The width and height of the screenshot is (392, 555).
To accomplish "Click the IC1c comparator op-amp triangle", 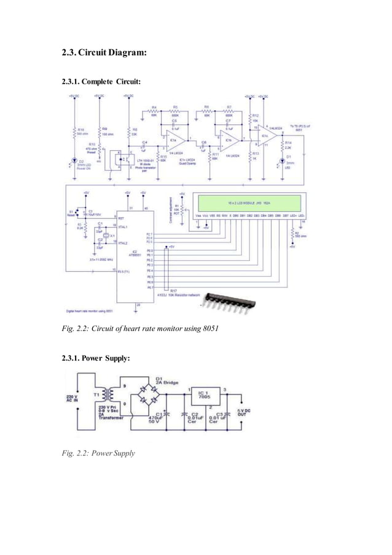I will click(265, 136).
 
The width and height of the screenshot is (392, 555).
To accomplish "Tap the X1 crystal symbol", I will click(106, 236).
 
